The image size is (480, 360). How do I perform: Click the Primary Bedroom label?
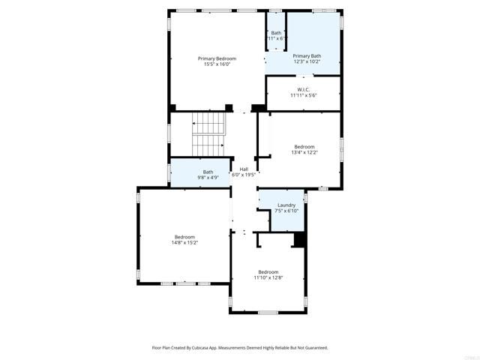(217, 58)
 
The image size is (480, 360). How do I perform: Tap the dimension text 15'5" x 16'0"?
(217, 64)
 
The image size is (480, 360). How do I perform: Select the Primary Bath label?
(307, 55)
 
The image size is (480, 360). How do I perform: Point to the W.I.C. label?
(304, 90)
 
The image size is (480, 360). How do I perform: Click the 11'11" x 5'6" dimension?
(304, 96)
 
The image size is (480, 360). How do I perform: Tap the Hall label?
(244, 169)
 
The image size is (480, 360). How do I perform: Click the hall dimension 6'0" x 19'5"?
(244, 175)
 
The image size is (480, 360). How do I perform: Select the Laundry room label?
(286, 205)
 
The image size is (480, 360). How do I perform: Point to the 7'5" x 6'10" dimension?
(286, 211)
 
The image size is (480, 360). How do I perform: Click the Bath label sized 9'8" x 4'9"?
(208, 172)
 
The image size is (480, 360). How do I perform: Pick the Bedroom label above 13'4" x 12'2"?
(304, 146)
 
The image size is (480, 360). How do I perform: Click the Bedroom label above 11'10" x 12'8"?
(268, 271)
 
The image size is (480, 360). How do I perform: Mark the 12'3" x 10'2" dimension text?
(307, 61)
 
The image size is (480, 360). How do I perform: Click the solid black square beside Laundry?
(299, 240)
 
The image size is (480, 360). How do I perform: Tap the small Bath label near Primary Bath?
(276, 32)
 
